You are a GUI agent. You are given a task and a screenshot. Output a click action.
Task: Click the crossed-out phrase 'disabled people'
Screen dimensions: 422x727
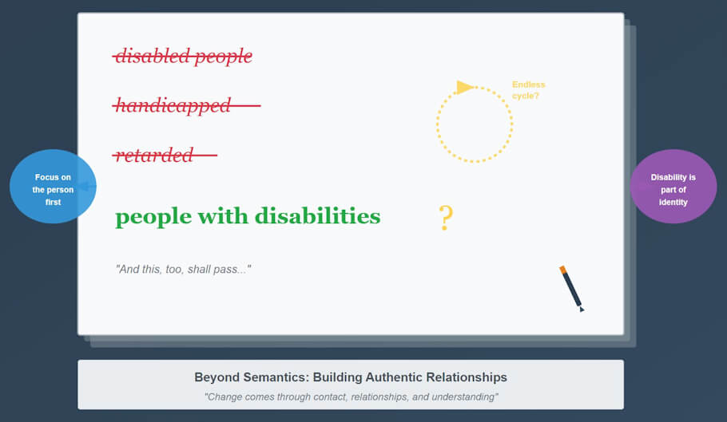[x=183, y=57]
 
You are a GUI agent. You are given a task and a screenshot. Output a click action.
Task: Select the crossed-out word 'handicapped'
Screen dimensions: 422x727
[x=173, y=105]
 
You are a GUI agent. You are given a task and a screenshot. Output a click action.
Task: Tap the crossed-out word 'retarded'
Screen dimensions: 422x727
[x=154, y=155]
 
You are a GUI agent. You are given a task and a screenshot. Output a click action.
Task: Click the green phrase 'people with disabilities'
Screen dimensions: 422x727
[x=248, y=216]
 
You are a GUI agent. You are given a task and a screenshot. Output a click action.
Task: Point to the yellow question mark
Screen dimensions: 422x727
[x=446, y=218]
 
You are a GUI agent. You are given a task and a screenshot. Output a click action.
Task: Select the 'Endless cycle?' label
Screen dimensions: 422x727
[x=528, y=90]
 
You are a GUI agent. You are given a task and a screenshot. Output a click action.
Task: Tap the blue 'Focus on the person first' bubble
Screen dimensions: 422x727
[x=53, y=187]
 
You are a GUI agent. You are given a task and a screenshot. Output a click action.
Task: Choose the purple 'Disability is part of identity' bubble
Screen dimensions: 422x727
[x=673, y=187]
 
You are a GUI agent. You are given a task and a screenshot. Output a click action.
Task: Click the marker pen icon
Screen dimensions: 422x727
[x=572, y=288]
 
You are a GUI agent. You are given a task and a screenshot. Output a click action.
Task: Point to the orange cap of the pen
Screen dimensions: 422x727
[x=563, y=270]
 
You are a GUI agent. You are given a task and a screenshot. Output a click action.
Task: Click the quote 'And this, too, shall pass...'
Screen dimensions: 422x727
[x=184, y=270]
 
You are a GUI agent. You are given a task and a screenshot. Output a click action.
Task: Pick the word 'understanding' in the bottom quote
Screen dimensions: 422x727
[x=459, y=396]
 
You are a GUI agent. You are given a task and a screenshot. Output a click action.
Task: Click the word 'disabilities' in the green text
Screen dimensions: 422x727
[x=317, y=216]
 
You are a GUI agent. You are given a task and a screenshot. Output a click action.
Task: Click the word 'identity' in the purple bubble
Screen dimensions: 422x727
[x=673, y=202]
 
